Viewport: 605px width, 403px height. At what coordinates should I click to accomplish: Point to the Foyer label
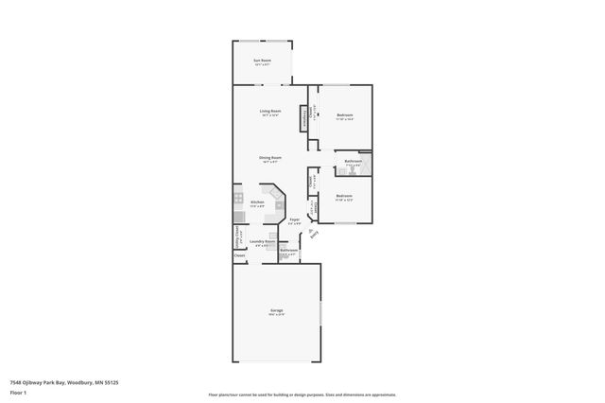click(294, 221)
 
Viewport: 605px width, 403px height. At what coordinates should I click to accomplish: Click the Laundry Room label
click(262, 243)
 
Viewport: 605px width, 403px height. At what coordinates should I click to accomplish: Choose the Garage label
click(277, 311)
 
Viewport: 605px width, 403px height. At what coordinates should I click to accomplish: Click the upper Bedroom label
click(345, 116)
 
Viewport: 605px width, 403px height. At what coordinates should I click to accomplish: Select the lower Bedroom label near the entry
click(344, 198)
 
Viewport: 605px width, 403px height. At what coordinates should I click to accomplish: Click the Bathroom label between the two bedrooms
click(353, 163)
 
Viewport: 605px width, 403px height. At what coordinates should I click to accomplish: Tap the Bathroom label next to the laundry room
click(288, 252)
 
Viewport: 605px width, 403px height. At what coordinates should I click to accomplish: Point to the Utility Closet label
click(237, 235)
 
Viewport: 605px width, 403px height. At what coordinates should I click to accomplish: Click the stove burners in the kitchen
click(238, 200)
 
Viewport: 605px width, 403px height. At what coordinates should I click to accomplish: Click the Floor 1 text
click(18, 393)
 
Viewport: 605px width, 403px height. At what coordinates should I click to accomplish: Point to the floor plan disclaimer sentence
click(302, 394)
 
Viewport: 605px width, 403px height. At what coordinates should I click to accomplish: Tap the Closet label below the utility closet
click(239, 255)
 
